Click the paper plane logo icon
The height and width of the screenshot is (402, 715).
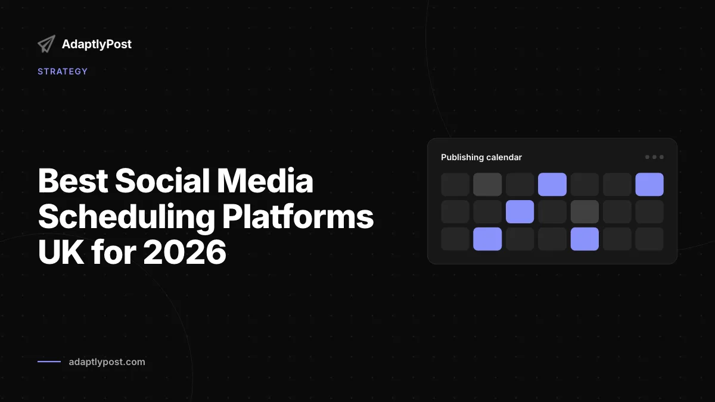(x=46, y=43)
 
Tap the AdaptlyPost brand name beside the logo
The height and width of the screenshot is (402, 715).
(x=97, y=44)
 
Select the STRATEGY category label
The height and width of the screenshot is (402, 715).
(x=63, y=71)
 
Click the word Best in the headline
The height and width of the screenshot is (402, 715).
(x=73, y=180)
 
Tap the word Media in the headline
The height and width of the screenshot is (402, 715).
(x=265, y=180)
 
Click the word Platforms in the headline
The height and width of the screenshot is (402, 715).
(x=298, y=217)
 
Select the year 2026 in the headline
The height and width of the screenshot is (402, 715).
(x=185, y=252)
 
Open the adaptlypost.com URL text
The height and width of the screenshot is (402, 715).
(x=107, y=362)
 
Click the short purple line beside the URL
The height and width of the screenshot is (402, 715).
(x=49, y=362)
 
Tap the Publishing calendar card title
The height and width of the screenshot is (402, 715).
(x=481, y=157)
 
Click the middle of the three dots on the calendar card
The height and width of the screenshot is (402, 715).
(x=654, y=157)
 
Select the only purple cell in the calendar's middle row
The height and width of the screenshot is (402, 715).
(x=520, y=211)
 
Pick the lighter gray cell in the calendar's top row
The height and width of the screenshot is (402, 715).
(x=487, y=185)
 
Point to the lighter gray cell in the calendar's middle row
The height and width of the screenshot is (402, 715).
(x=585, y=211)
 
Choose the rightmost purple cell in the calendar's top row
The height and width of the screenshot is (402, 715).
(x=649, y=185)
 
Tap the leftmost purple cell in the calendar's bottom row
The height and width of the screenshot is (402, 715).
(x=487, y=239)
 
